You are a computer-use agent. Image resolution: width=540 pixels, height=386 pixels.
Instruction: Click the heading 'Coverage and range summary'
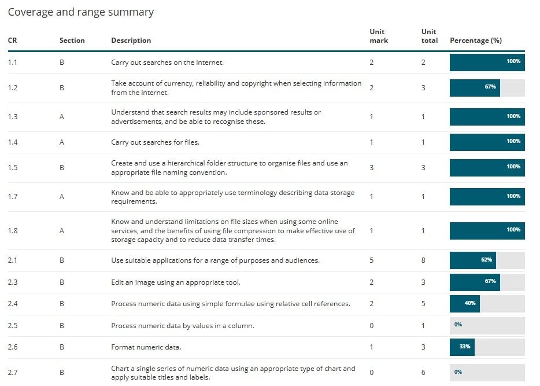(x=81, y=12)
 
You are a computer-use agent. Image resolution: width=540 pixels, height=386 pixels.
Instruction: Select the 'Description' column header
(x=131, y=41)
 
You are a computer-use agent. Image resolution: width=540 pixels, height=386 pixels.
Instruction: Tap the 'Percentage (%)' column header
(x=475, y=41)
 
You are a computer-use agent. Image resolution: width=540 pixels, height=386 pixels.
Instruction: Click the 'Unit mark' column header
(x=379, y=36)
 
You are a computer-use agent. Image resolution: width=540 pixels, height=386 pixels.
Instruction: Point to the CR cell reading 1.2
(x=13, y=88)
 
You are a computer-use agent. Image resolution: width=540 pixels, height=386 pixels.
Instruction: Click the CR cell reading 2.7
(x=13, y=372)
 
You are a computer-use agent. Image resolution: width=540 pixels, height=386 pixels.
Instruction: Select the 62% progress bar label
(x=486, y=260)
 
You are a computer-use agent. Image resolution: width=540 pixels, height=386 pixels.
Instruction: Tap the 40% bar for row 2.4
(x=470, y=303)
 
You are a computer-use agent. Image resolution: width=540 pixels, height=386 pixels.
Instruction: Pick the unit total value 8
(x=423, y=260)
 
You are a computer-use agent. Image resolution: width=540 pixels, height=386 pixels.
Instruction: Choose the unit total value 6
(x=423, y=372)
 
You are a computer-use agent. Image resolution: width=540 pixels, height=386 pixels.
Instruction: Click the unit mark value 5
(x=372, y=260)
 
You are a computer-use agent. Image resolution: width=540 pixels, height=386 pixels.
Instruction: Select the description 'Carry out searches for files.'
(x=155, y=142)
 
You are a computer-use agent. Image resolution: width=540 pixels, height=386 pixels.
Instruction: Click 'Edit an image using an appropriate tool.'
(x=175, y=282)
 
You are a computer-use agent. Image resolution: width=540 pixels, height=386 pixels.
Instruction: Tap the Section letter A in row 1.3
(x=62, y=116)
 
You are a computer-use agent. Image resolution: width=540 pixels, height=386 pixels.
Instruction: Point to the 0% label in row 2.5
(x=458, y=325)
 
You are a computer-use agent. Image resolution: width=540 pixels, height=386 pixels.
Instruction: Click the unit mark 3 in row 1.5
(x=372, y=167)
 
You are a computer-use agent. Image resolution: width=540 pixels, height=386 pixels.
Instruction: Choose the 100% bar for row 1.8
(x=487, y=230)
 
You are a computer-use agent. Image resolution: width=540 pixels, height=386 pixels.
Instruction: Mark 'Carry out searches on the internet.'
(x=167, y=63)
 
